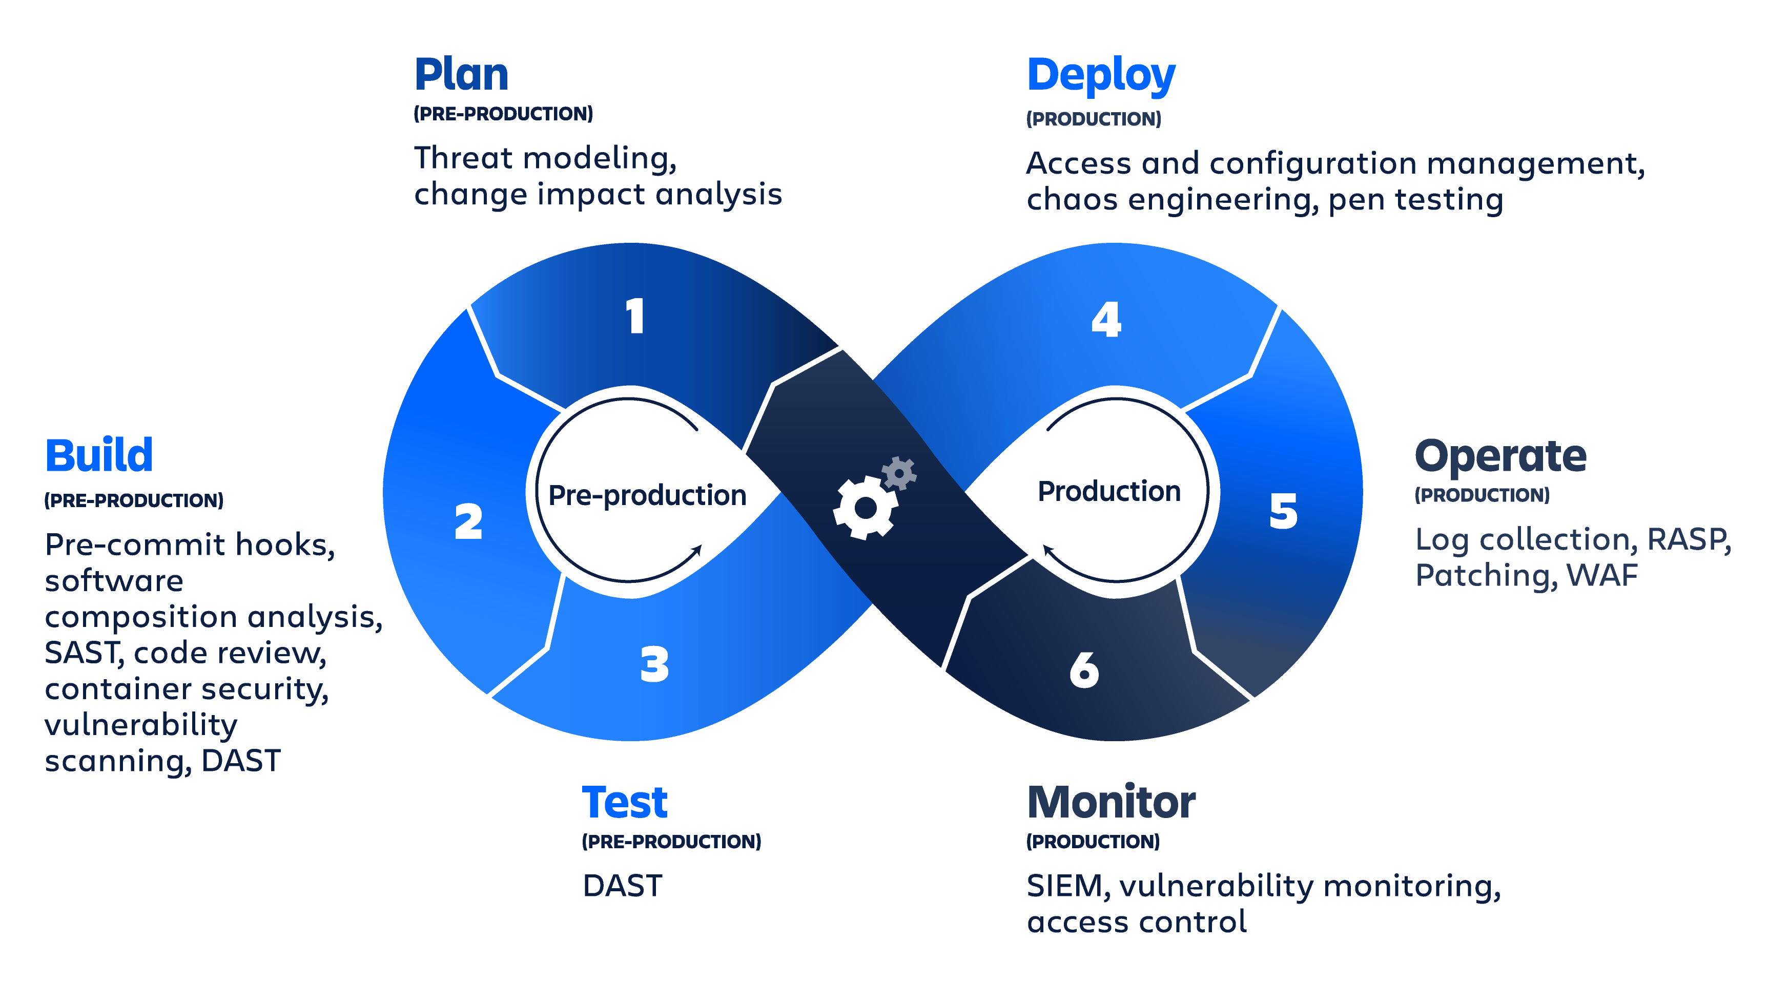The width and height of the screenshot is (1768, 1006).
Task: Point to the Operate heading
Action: tap(1500, 457)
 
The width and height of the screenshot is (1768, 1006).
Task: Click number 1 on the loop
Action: tap(635, 317)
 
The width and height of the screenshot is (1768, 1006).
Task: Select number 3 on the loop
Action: tap(654, 665)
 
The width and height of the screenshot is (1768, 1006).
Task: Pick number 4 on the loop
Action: tap(1106, 319)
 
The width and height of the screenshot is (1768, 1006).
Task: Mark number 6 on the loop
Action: tap(1084, 669)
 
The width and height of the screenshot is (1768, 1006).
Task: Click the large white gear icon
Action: tap(866, 508)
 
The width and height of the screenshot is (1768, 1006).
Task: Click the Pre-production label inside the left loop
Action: tap(647, 495)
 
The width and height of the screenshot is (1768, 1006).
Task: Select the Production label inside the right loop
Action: tap(1109, 491)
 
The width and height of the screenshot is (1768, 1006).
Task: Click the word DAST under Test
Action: tap(622, 886)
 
